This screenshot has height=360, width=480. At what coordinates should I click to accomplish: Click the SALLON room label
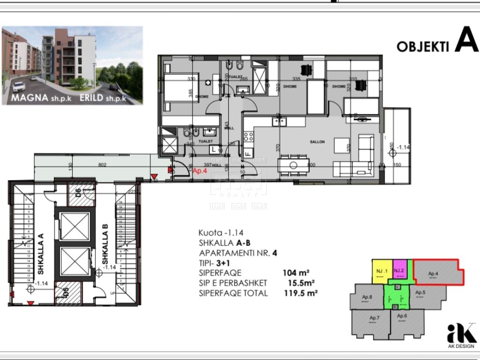[317, 142]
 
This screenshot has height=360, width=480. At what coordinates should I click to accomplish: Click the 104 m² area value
[295, 273]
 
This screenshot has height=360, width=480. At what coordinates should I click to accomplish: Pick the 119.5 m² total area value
[301, 293]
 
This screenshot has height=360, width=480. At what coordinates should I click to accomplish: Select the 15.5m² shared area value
[301, 283]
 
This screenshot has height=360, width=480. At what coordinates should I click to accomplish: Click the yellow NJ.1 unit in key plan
[380, 271]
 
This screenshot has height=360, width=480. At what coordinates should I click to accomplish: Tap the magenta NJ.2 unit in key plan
[398, 271]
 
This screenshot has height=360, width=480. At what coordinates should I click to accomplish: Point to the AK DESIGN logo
[461, 336]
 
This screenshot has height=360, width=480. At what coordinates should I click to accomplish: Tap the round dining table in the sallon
[293, 165]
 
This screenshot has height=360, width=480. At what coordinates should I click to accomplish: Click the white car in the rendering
[18, 88]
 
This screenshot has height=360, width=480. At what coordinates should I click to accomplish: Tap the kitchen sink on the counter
[279, 121]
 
